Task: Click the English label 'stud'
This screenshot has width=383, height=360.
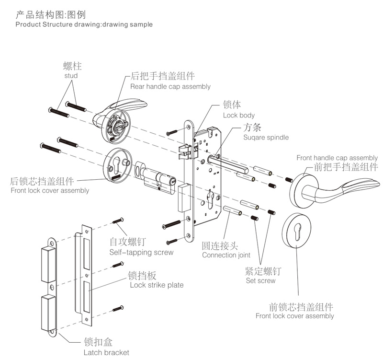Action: tap(70, 76)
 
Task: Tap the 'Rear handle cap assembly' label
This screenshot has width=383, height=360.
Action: tap(170, 86)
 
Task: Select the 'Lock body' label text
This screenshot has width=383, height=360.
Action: tap(239, 115)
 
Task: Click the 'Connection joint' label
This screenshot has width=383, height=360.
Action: tap(226, 255)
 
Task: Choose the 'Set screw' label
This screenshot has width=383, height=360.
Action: tap(260, 280)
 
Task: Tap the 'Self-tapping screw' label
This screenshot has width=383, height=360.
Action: tap(141, 252)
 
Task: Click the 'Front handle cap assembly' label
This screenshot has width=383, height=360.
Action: tap(337, 158)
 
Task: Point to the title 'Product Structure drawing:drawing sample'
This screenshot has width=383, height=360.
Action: tap(84, 24)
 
